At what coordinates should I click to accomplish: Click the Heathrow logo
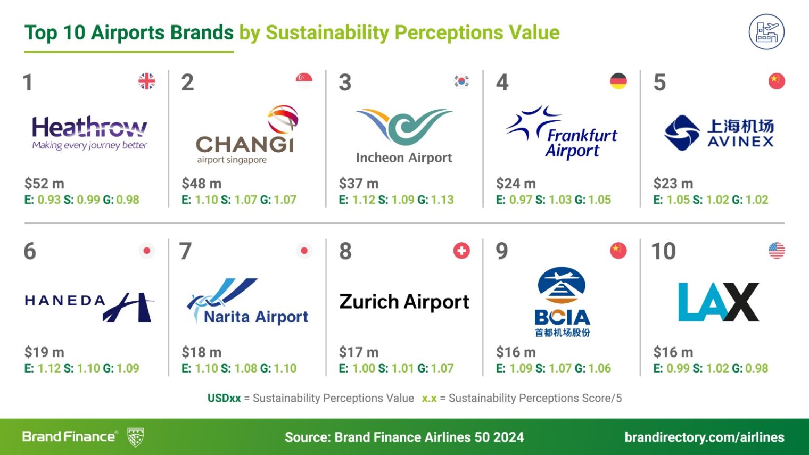coord(89,133)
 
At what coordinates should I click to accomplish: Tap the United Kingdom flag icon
coord(147,81)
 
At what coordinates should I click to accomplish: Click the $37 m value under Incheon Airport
coord(359,184)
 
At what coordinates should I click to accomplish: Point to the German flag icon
coord(618,81)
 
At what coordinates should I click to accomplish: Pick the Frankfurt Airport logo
coord(562,132)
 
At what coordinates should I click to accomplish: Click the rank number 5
coord(659,82)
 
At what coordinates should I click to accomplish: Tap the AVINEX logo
coord(719,133)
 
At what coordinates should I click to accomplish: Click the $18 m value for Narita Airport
coord(202,352)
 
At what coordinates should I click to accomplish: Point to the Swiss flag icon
coord(461,251)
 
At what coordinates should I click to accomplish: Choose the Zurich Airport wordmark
coord(404,302)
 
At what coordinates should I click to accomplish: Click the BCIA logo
coord(562,302)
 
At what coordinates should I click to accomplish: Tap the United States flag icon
coord(777,251)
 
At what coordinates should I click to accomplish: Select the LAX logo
coord(719,302)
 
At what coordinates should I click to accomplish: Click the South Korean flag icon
coord(461,81)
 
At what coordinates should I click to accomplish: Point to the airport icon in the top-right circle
coord(767,32)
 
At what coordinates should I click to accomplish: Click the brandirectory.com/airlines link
coord(704,437)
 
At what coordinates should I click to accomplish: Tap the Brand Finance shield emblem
coord(136,437)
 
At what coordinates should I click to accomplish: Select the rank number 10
coord(664,251)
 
